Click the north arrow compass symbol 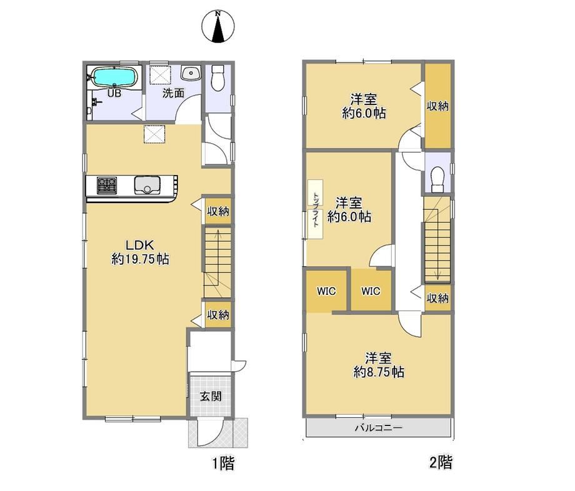(x=218, y=26)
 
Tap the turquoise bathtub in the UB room (x=114, y=77)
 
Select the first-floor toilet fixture (x=218, y=77)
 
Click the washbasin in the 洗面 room (x=191, y=72)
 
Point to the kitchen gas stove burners (x=107, y=186)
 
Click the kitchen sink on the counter (x=147, y=186)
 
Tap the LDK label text (x=139, y=245)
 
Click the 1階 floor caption (x=223, y=463)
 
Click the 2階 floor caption (x=441, y=462)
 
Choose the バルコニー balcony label (x=379, y=428)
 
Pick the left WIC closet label (x=326, y=291)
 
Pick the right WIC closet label (x=371, y=291)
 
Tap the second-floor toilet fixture (x=437, y=179)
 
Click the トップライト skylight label (x=316, y=209)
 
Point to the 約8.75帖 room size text (x=379, y=372)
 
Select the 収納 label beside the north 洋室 (x=437, y=106)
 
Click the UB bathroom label (x=114, y=94)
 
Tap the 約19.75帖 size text (x=140, y=259)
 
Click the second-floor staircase (x=437, y=240)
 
